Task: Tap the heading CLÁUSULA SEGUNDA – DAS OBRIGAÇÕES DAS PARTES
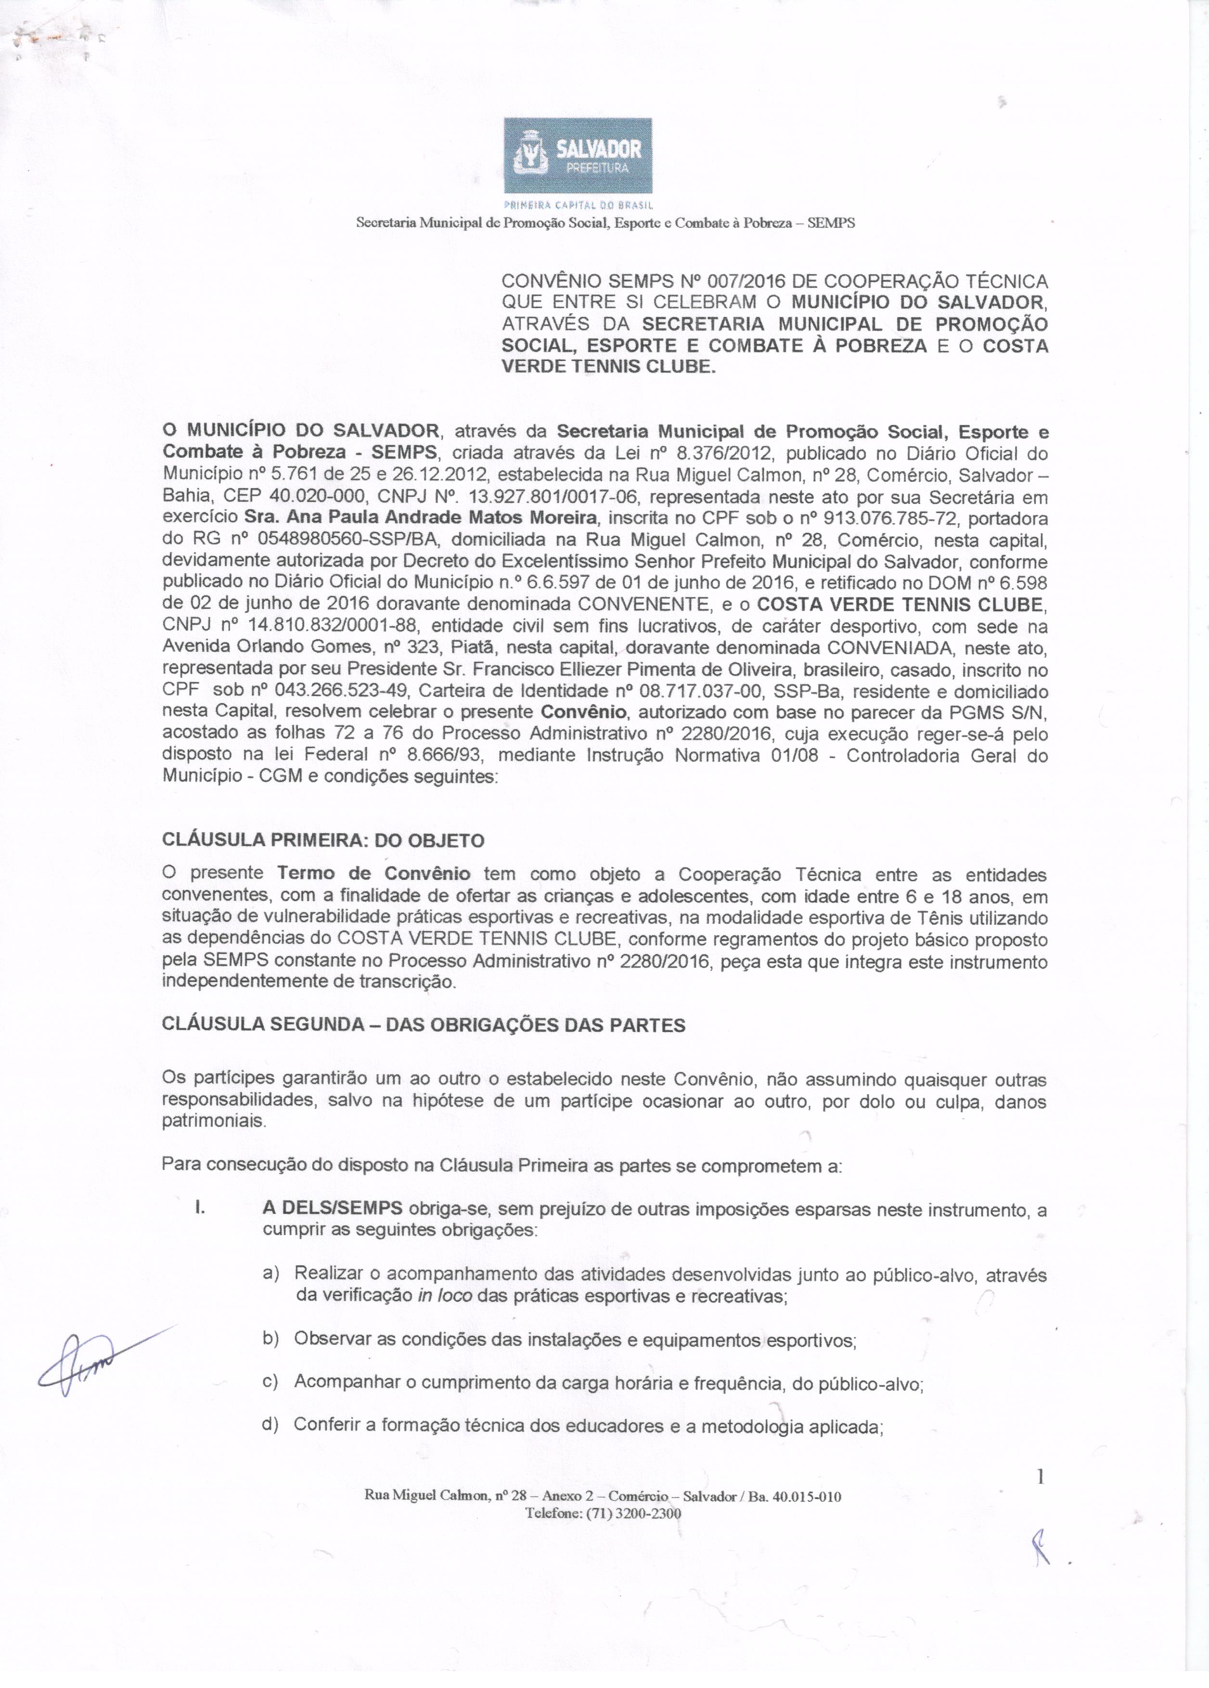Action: pyautogui.click(x=424, y=1025)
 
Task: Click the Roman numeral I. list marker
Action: pyautogui.click(x=199, y=1210)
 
